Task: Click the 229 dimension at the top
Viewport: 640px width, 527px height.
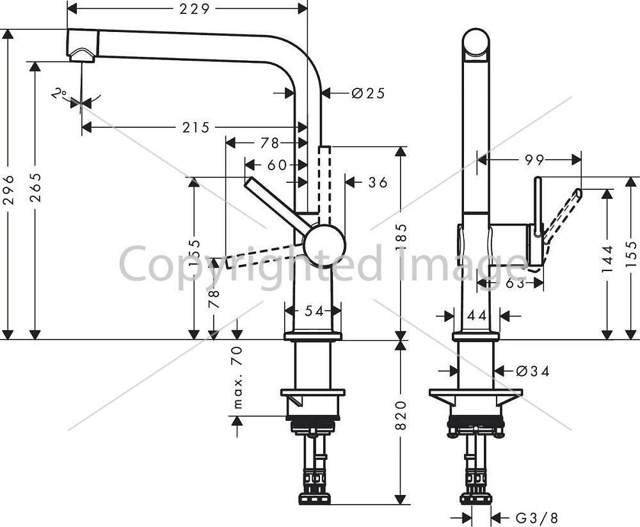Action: pos(195,8)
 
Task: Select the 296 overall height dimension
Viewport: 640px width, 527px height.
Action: pos(8,190)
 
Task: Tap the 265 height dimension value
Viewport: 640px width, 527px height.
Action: pos(35,187)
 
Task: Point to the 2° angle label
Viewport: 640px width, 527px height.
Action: pos(59,94)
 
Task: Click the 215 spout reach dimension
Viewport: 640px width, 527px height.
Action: pos(196,128)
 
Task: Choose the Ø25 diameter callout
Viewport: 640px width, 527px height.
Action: pos(368,93)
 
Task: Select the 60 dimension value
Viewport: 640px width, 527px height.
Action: pos(277,165)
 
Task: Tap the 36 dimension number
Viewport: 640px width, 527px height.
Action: pos(378,182)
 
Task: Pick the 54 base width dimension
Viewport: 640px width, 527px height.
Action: pos(314,311)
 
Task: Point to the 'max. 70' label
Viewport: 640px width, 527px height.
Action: pos(237,377)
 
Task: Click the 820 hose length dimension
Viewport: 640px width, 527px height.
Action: pos(401,415)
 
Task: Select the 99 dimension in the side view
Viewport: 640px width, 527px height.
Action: pos(534,160)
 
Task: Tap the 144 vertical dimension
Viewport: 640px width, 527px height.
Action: pos(608,259)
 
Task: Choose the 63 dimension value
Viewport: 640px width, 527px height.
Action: pos(515,283)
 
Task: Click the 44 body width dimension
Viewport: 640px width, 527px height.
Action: pos(477,315)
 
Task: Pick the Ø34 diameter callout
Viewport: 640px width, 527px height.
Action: pos(532,371)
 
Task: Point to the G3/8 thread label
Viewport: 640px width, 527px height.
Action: pos(537,518)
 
